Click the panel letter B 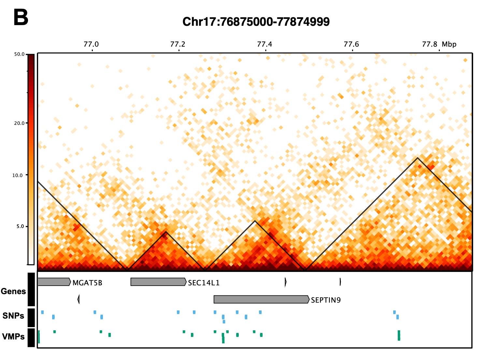pyautogui.click(x=21, y=18)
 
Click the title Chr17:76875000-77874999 pyautogui.click(x=256, y=22)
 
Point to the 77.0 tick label pyautogui.click(x=91, y=44)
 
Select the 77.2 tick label pyautogui.click(x=178, y=44)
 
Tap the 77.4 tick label pyautogui.click(x=265, y=44)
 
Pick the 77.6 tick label pyautogui.click(x=351, y=44)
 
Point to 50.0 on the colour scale pyautogui.click(x=19, y=54)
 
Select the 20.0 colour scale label pyautogui.click(x=19, y=123)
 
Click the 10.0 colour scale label pyautogui.click(x=18, y=175)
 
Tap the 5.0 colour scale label pyautogui.click(x=20, y=226)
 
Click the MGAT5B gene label pyautogui.click(x=87, y=283)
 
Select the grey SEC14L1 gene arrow pyautogui.click(x=158, y=282)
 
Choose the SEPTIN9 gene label pyautogui.click(x=326, y=300)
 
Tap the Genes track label pyautogui.click(x=13, y=291)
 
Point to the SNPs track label pyautogui.click(x=13, y=316)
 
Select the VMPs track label pyautogui.click(x=13, y=337)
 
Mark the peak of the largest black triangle pyautogui.click(x=417, y=158)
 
